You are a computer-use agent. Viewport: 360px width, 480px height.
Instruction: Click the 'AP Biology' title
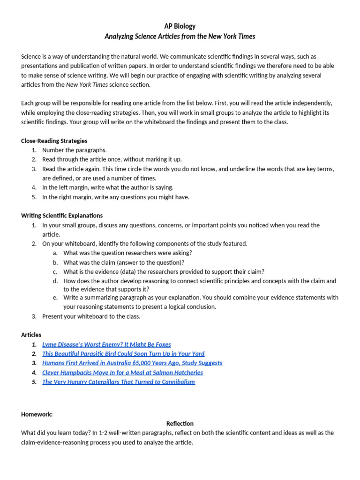(180, 26)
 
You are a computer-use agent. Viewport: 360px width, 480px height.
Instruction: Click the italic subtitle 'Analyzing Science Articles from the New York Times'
(180, 36)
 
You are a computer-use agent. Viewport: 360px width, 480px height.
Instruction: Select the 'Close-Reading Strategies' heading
(54, 141)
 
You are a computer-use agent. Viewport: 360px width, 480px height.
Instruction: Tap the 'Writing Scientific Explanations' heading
(62, 216)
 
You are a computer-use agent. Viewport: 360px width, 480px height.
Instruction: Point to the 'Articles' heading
(31, 335)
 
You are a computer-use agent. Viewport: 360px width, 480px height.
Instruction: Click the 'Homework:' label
(37, 414)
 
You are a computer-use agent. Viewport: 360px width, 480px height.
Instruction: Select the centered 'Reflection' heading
(180, 423)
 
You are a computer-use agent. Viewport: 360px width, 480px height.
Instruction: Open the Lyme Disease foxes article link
(106, 345)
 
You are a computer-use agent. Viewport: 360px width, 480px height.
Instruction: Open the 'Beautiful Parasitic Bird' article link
(123, 354)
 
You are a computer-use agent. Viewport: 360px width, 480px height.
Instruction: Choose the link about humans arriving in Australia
(132, 363)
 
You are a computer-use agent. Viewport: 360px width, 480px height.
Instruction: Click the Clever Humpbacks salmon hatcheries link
(122, 373)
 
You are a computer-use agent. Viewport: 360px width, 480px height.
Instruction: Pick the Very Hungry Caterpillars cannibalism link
(118, 382)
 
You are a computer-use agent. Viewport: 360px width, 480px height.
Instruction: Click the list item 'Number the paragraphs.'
(75, 150)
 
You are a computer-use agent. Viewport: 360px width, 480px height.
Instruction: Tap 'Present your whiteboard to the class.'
(91, 316)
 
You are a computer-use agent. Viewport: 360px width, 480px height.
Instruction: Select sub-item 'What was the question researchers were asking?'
(127, 253)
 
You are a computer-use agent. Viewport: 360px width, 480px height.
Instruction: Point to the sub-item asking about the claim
(124, 262)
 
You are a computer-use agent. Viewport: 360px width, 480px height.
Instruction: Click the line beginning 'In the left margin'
(108, 187)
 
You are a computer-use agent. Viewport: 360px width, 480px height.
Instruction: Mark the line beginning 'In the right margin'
(116, 197)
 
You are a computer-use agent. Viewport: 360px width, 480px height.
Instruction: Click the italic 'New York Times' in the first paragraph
(87, 85)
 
